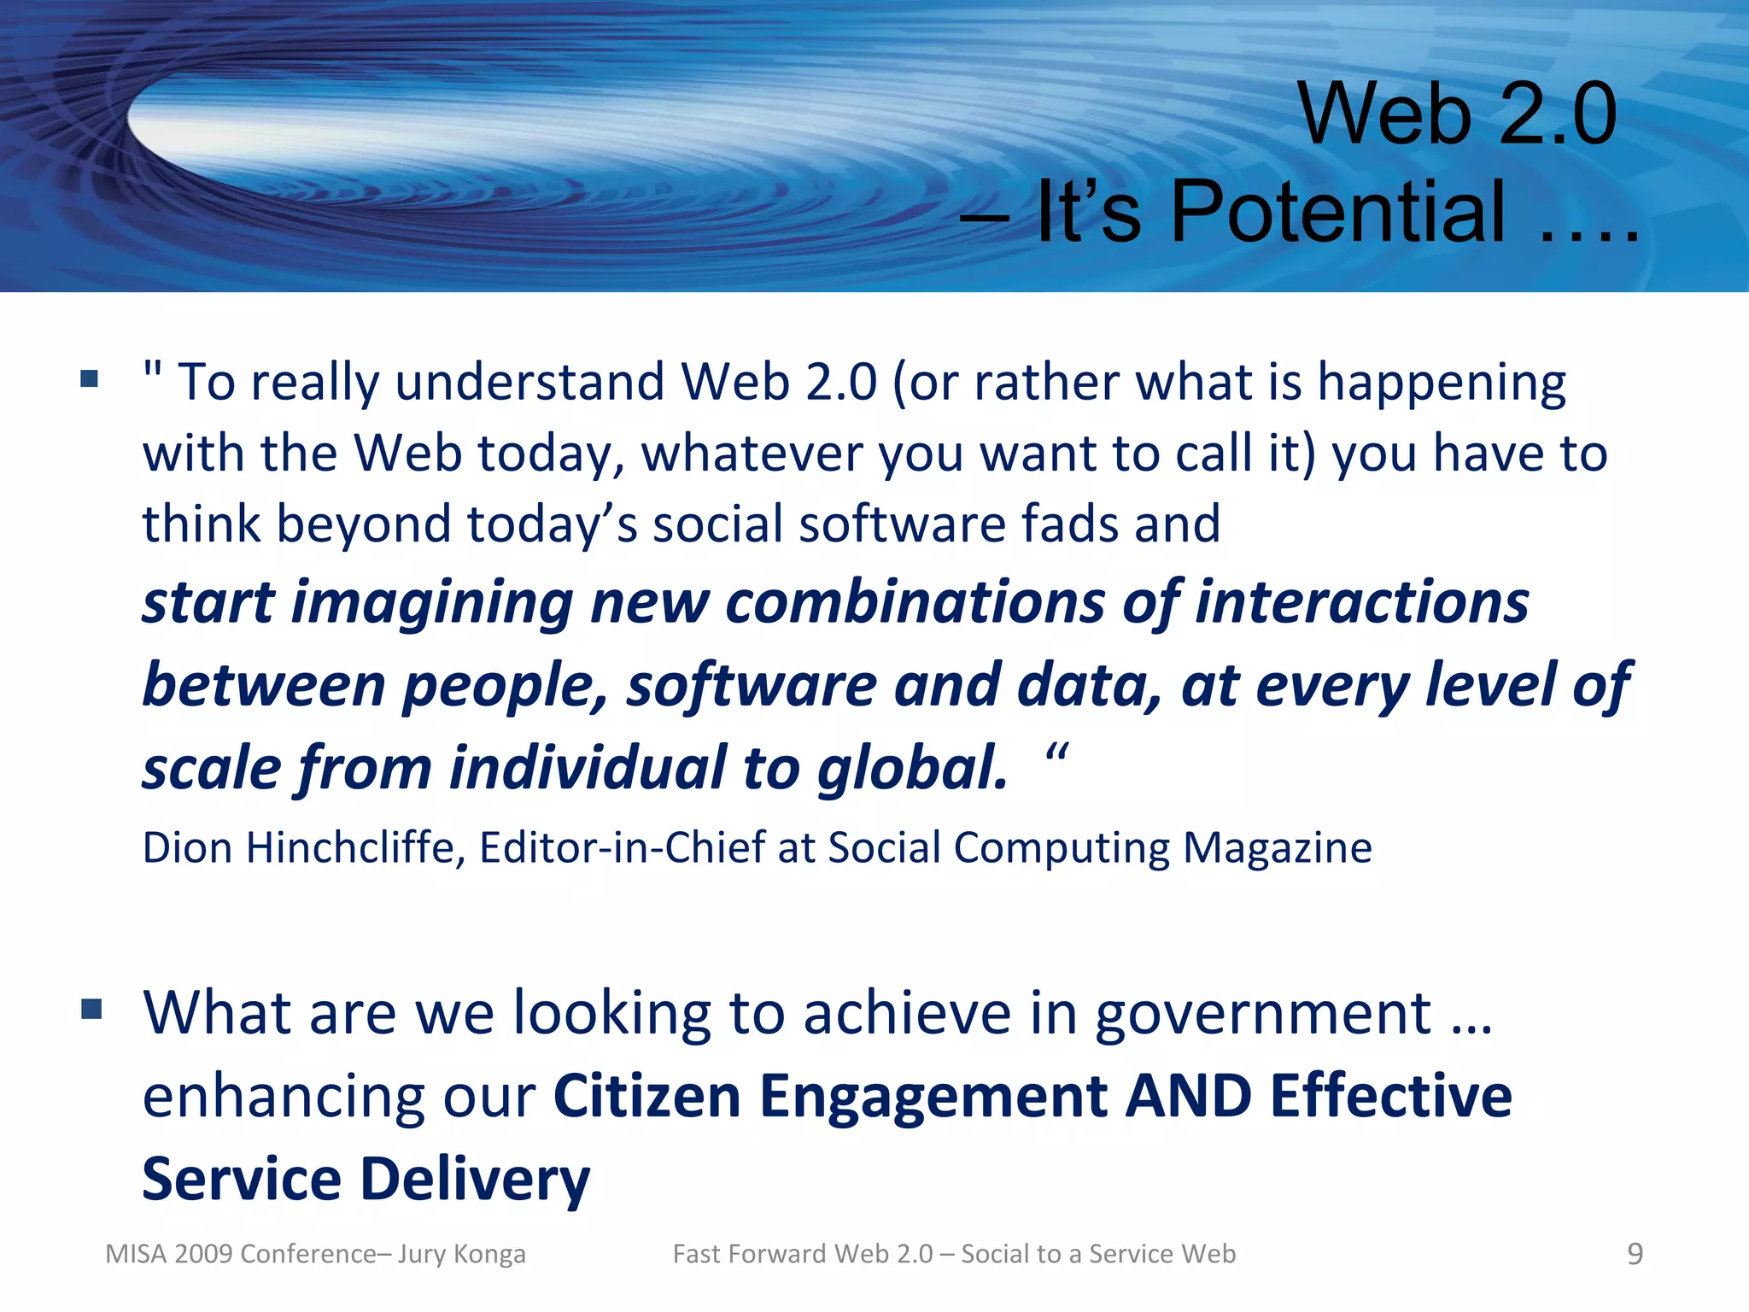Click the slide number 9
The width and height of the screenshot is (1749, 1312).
click(x=1635, y=1254)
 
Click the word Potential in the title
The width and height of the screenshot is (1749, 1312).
click(x=1337, y=211)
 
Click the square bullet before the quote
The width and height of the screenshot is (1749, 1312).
click(x=90, y=378)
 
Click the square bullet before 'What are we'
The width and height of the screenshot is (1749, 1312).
click(x=91, y=1010)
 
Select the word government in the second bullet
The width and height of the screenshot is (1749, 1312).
click(x=1263, y=1014)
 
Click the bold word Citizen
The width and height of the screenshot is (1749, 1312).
click(x=647, y=1096)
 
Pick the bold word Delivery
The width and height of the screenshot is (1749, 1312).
click(x=475, y=1179)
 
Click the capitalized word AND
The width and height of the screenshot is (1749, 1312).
click(x=1189, y=1096)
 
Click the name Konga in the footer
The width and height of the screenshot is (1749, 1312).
click(x=489, y=1254)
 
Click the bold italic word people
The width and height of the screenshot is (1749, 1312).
click(x=505, y=685)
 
